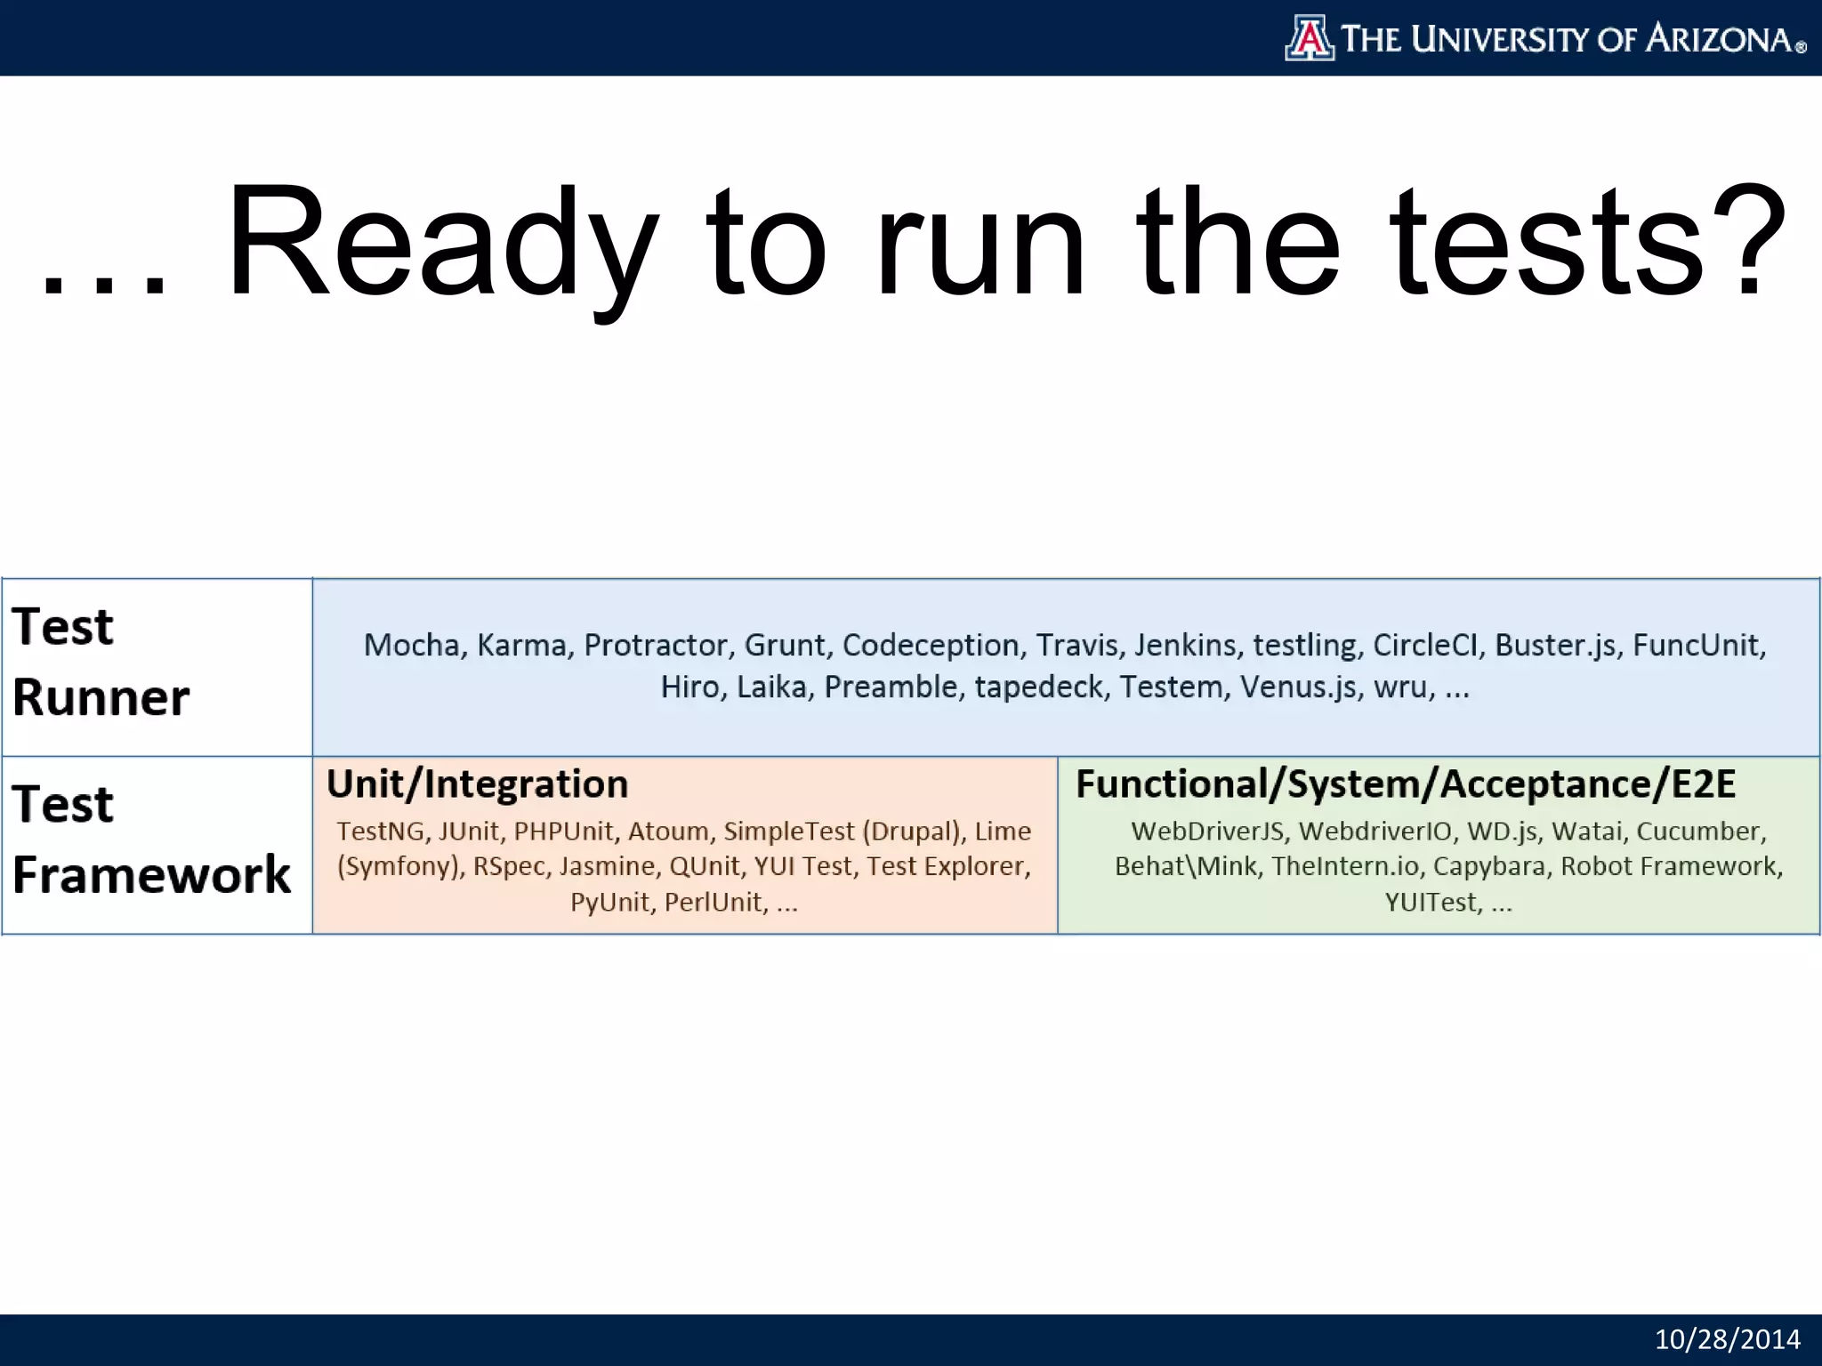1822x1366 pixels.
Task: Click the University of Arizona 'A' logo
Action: click(x=1309, y=38)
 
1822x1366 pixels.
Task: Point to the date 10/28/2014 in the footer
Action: click(x=1727, y=1339)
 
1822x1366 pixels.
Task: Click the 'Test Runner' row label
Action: click(x=101, y=662)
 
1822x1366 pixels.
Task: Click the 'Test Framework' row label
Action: click(x=150, y=840)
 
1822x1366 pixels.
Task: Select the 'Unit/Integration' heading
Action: click(x=477, y=784)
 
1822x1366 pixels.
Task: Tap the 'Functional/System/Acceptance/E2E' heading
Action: click(x=1406, y=784)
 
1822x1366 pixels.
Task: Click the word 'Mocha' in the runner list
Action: click(x=411, y=645)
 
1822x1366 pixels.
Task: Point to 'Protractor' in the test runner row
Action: click(x=656, y=645)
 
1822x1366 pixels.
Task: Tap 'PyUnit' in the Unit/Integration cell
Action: click(x=609, y=903)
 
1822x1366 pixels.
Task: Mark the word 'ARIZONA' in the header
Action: click(x=1718, y=39)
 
